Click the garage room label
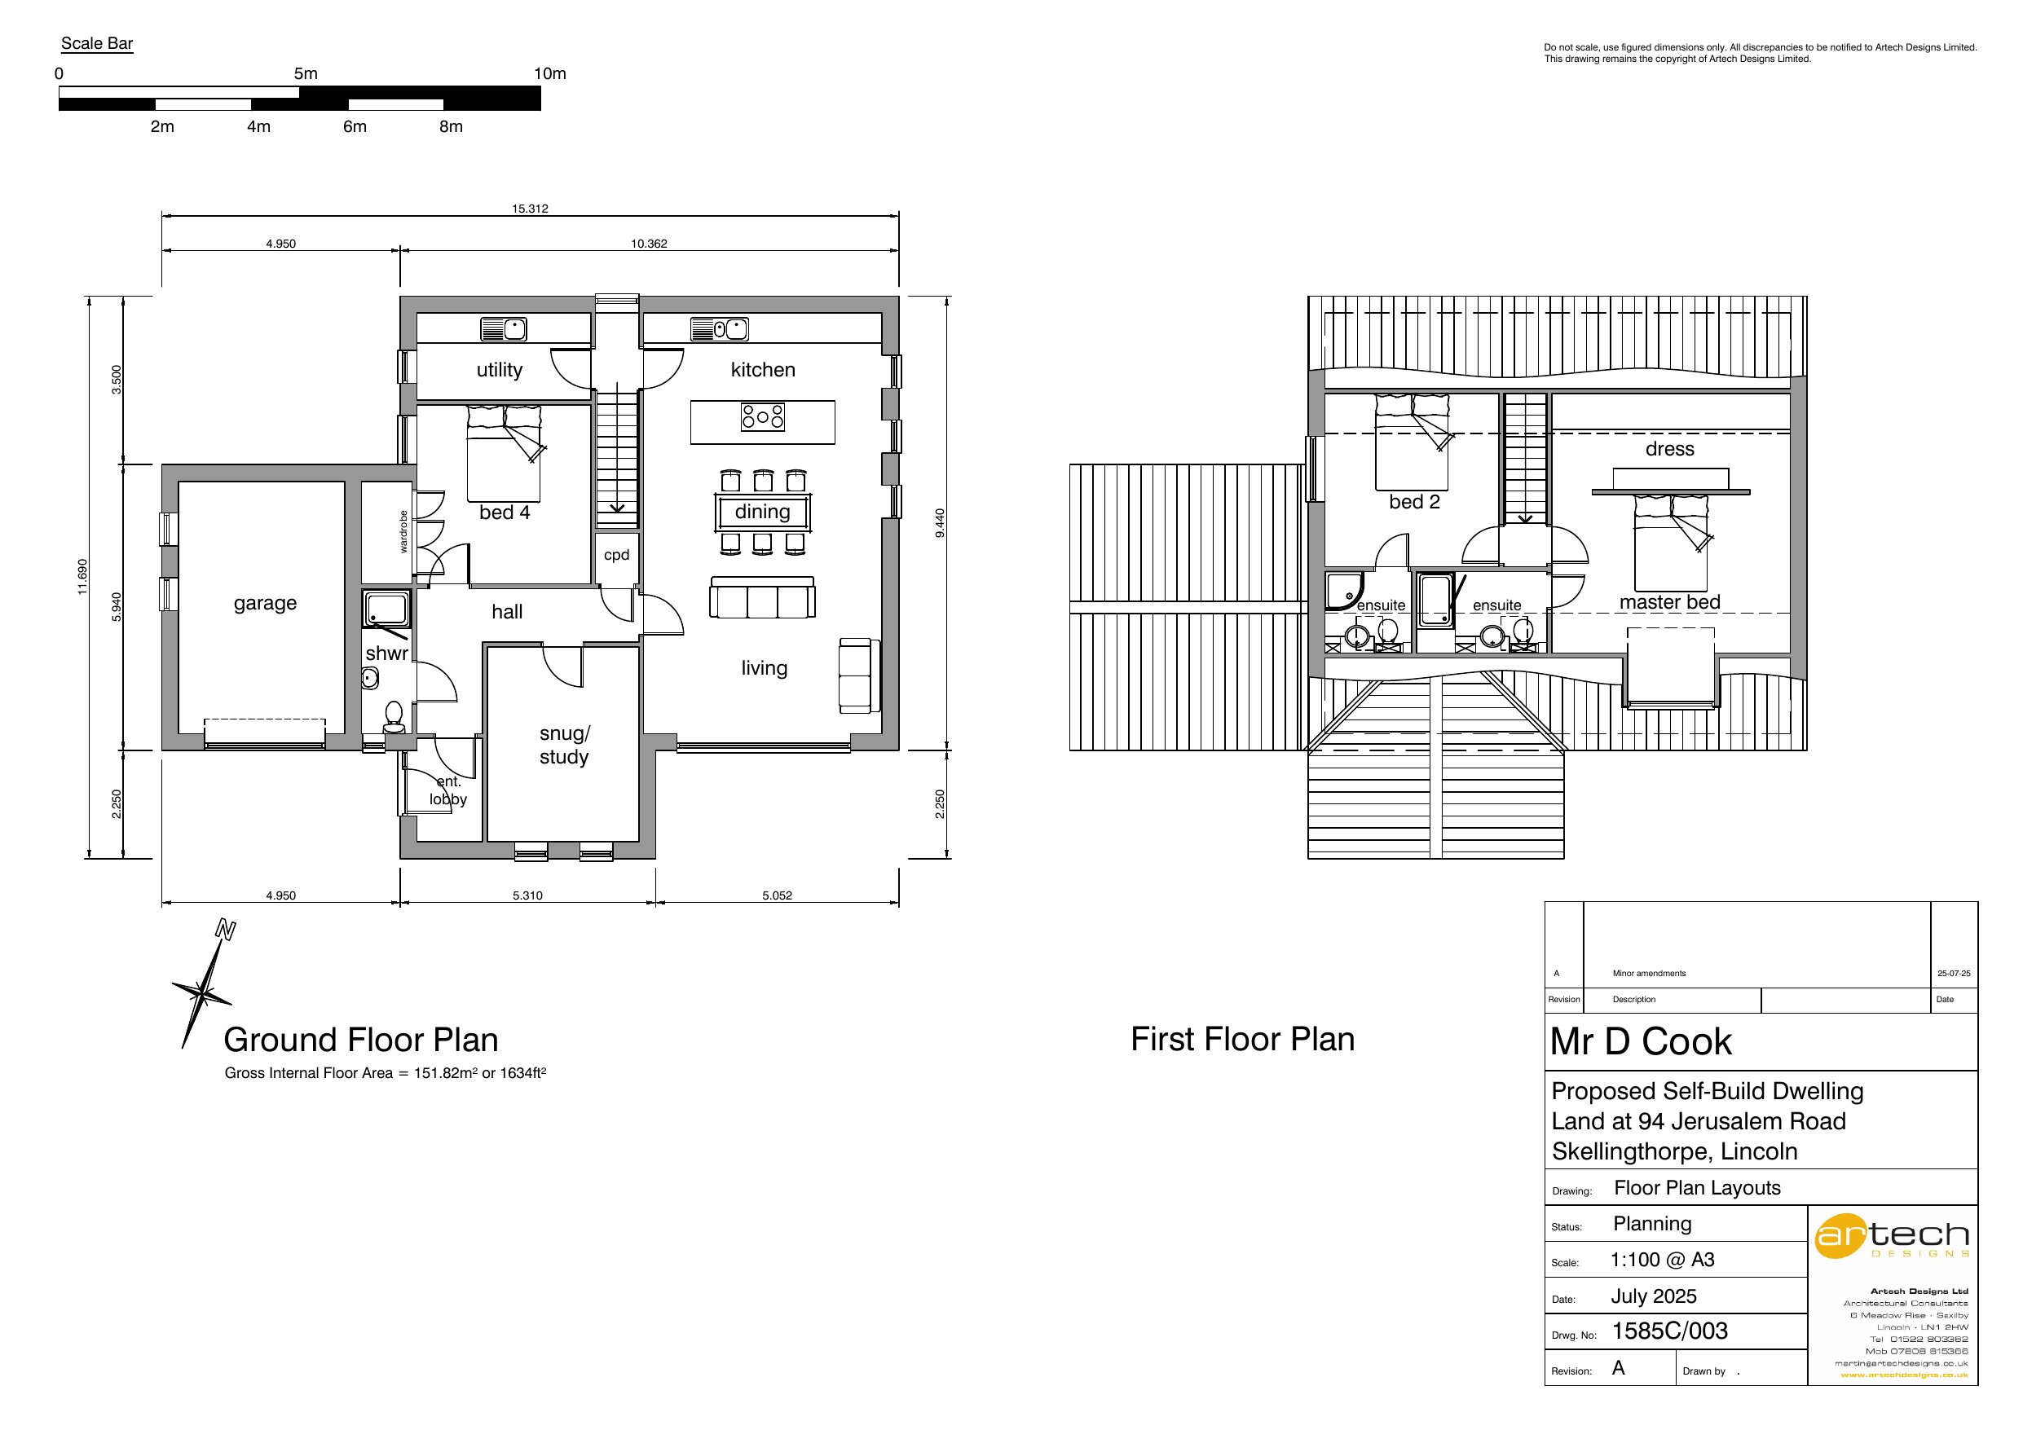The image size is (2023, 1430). pos(264,604)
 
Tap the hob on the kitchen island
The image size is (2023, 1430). pos(762,416)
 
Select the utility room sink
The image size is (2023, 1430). pos(504,329)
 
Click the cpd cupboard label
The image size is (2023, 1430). pos(616,555)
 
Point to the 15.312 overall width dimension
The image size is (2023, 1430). pos(530,209)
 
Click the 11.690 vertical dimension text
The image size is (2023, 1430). pos(83,576)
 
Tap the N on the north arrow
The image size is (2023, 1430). pos(226,930)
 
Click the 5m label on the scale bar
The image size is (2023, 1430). pos(306,74)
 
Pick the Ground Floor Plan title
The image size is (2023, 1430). pos(360,1040)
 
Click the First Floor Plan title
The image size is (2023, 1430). pos(1241,1040)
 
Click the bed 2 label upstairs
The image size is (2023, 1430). pos(1414,502)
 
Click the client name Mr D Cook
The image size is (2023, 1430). pos(1640,1041)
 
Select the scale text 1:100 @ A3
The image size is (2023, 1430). pos(1662,1260)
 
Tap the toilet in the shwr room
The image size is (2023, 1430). pos(394,715)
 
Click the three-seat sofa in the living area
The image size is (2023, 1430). pos(762,599)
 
